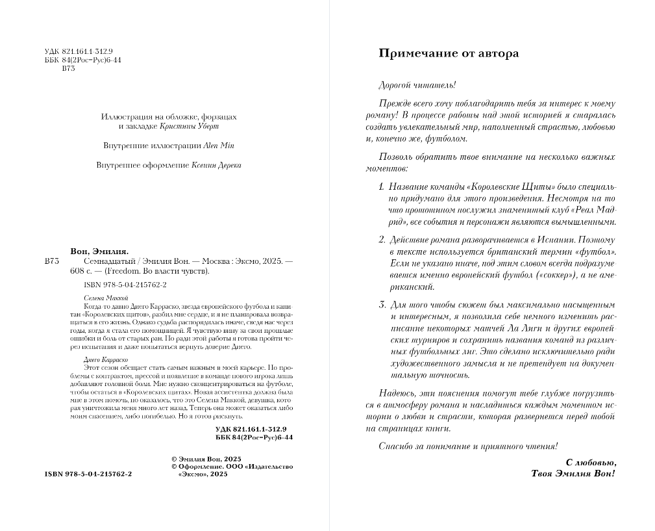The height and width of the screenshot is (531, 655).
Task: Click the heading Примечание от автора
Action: (449, 53)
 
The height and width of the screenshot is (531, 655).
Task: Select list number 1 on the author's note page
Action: (382, 187)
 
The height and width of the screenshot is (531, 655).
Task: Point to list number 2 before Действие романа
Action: (382, 240)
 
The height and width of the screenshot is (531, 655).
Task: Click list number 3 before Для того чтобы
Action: (382, 304)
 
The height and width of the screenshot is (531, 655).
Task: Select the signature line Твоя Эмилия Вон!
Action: (573, 474)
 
